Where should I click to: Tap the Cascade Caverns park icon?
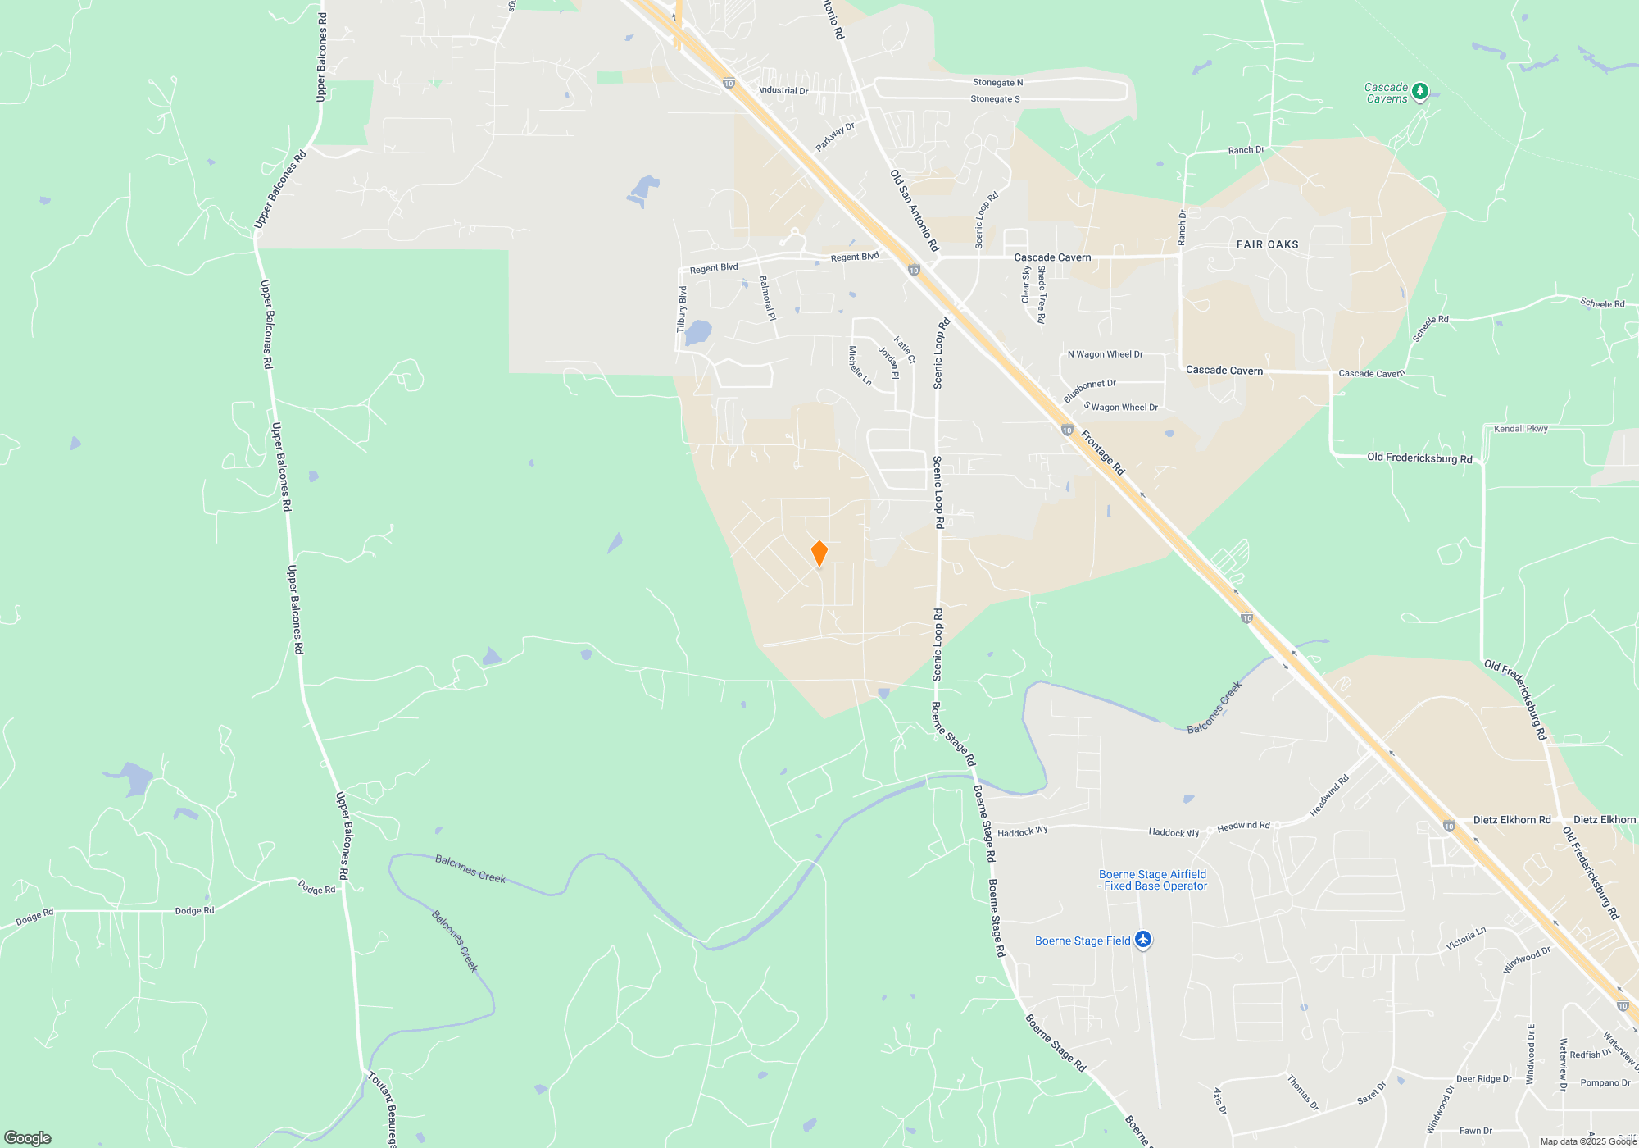[1420, 92]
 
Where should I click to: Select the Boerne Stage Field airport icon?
[1143, 940]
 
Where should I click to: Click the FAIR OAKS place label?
[1267, 244]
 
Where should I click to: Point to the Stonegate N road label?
[997, 82]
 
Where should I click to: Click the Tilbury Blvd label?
[682, 308]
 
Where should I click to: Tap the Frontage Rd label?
[1103, 453]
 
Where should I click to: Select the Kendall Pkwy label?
[1520, 429]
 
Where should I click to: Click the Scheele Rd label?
[1602, 303]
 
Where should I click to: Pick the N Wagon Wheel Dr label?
[1105, 354]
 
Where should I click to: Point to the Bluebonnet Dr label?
[1089, 390]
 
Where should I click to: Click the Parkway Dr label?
[835, 136]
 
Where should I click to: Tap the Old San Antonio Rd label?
[914, 210]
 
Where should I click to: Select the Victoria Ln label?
[1465, 939]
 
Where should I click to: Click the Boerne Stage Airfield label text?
[1152, 880]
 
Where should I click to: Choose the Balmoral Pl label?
[767, 297]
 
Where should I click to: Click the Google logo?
[28, 1137]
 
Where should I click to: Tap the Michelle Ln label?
[860, 366]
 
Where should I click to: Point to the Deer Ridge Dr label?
[1483, 1078]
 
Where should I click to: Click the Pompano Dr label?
[1605, 1082]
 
